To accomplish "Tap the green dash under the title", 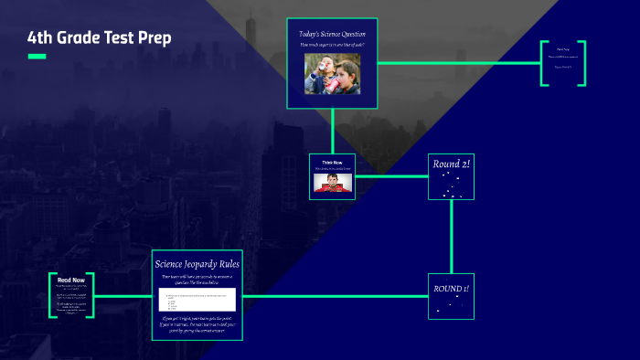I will coord(37,57).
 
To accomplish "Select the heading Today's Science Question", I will coord(332,34).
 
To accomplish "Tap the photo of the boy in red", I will coord(332,182).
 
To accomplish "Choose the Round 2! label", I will coord(452,164).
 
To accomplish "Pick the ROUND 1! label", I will coord(452,290).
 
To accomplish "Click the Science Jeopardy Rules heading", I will coord(197,263).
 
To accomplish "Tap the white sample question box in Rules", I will coord(197,299).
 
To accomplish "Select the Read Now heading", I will coord(72,280).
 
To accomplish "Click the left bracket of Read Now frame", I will coord(53,295).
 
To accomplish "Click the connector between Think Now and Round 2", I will coord(391,176).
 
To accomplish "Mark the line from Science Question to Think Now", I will coord(332,130).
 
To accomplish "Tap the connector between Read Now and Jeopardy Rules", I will coord(123,296).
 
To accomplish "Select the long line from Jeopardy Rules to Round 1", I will coord(335,296).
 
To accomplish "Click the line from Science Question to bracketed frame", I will coord(457,63).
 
